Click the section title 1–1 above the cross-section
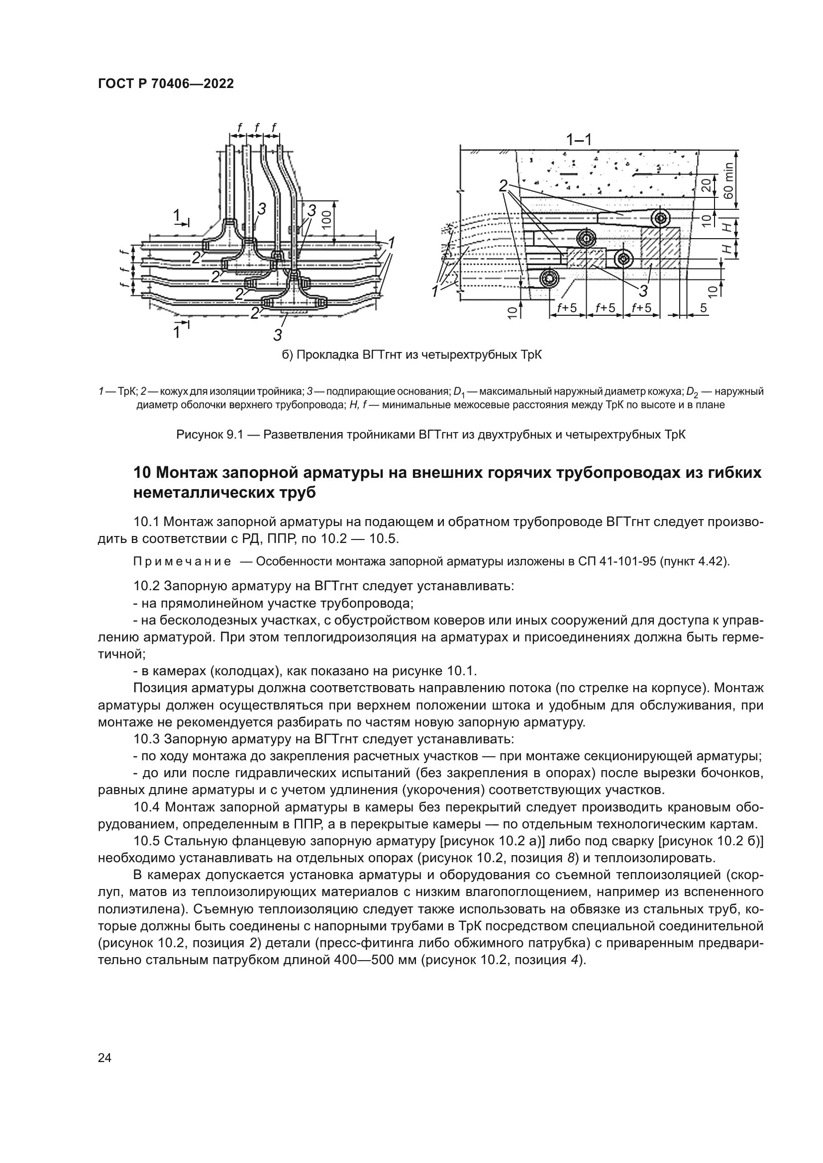point(579,139)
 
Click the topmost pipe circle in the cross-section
point(660,218)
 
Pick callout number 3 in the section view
point(643,291)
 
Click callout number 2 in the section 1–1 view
point(503,186)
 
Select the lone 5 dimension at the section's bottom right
point(704,307)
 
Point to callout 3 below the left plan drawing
point(278,334)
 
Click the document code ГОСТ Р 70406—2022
point(166,84)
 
